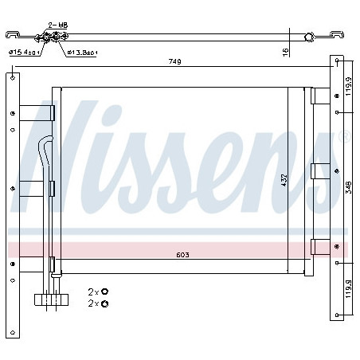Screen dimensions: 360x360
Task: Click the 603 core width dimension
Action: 184,256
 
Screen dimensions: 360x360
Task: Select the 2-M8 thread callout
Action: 57,25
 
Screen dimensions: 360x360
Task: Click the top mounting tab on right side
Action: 320,96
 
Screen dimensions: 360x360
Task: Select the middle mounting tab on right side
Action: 320,170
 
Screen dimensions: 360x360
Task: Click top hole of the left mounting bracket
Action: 13,77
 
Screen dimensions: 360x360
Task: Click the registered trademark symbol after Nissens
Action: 344,137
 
